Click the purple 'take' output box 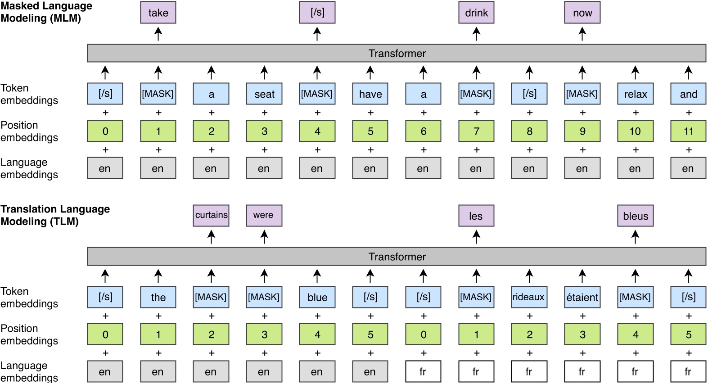point(158,13)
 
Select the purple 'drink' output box point(476,13)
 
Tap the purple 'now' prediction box point(582,13)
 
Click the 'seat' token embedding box point(264,94)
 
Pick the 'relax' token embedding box point(635,94)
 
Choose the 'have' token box point(370,94)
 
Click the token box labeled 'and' point(688,94)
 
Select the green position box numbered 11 point(688,131)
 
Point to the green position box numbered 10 point(635,131)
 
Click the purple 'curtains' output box point(211,215)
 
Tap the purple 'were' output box point(264,215)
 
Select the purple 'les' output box point(476,216)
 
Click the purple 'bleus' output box point(635,216)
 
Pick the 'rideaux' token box point(529,297)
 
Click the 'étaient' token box point(582,297)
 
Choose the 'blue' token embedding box point(317,297)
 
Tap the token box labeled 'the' point(158,297)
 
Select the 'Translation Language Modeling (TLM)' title point(54,215)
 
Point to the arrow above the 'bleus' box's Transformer point(635,236)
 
